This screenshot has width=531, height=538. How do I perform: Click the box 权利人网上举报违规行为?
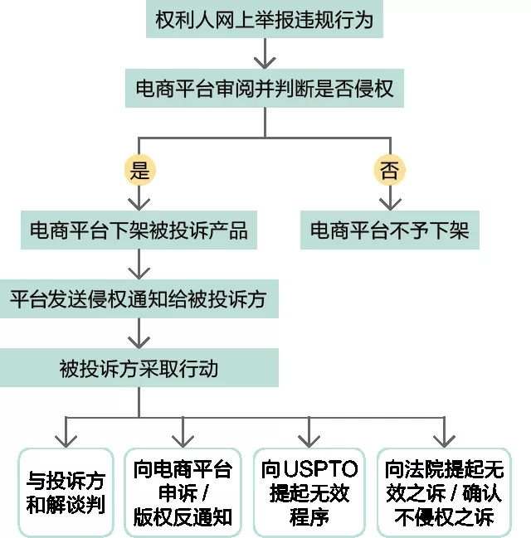point(263,20)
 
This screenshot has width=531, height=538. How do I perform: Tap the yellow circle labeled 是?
point(139,170)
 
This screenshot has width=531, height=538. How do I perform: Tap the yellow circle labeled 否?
point(389,170)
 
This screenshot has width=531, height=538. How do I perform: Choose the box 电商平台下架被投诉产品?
point(139,230)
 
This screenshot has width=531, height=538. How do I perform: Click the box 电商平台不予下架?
point(389,230)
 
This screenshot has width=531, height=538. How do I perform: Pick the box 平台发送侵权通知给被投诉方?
point(139,298)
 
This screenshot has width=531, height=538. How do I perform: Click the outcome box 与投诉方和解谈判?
point(66,492)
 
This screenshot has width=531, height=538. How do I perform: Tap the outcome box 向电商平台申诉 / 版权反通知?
point(183,492)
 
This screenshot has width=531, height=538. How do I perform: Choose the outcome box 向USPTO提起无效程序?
point(309,492)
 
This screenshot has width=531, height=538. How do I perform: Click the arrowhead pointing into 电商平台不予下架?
point(389,202)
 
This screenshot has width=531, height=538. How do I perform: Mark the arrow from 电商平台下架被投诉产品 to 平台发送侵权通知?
point(139,264)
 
